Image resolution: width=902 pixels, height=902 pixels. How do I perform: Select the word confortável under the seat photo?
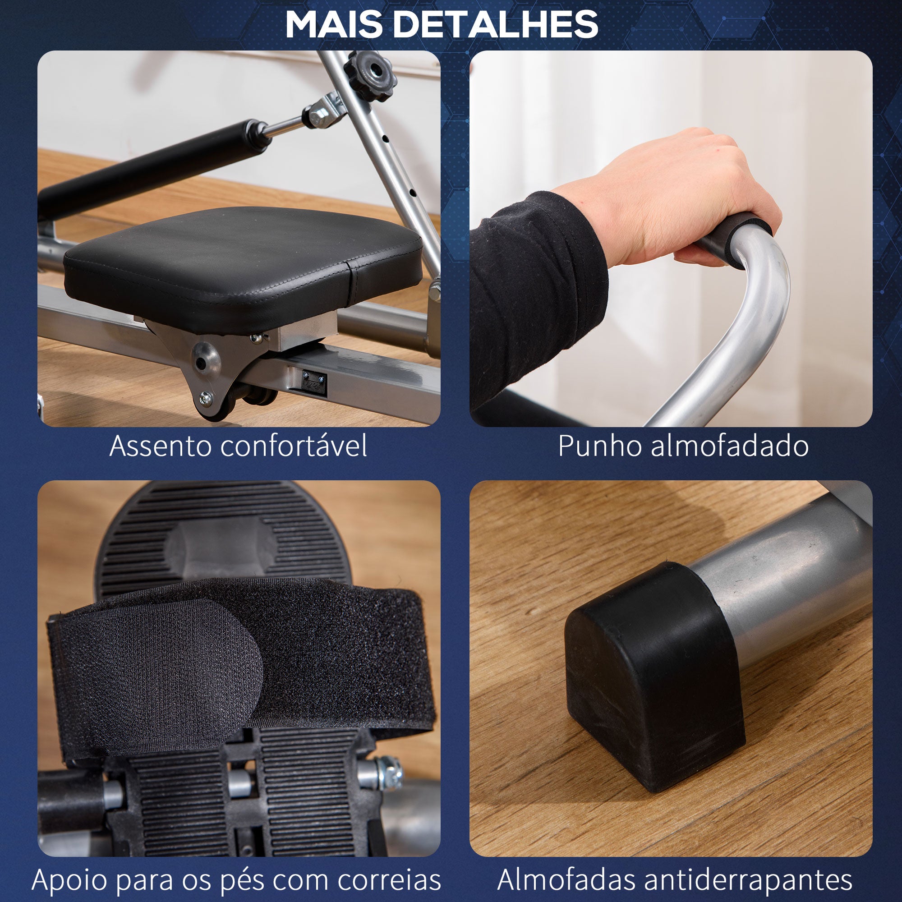294,446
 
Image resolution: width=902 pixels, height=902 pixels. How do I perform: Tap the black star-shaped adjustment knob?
370,75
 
